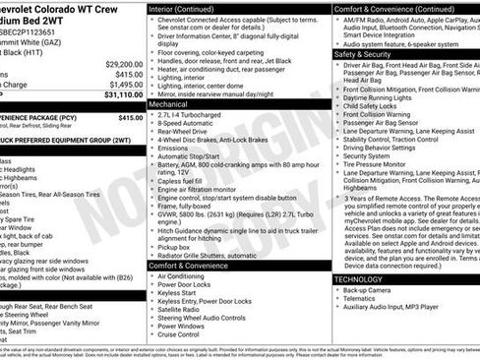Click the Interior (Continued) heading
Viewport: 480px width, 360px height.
(x=184, y=8)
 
